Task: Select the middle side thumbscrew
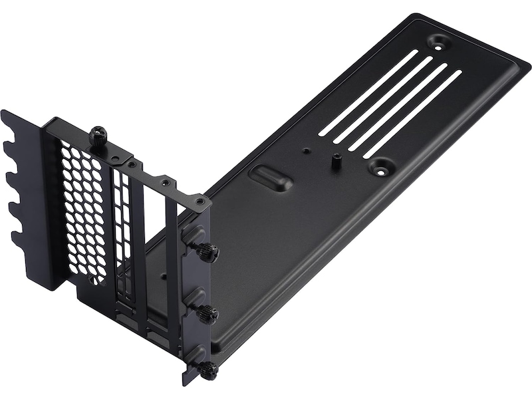tap(207, 313)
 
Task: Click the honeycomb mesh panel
tap(83, 213)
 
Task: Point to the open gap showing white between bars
tap(157, 219)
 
